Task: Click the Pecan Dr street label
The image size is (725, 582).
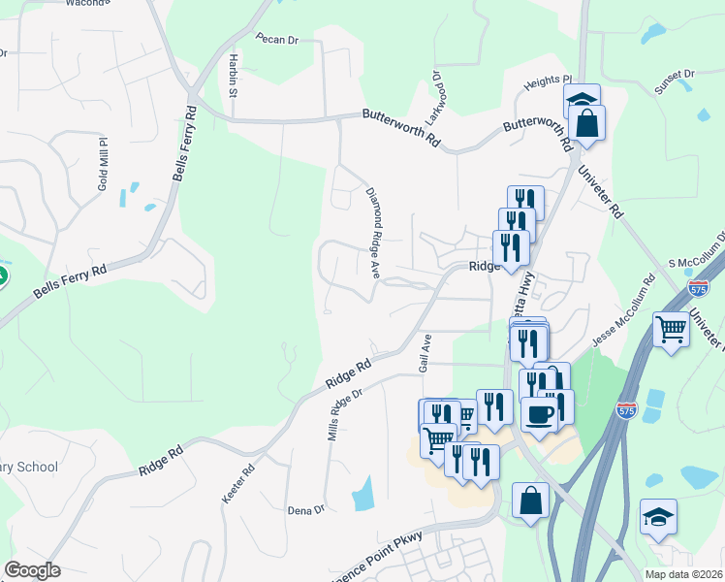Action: click(x=276, y=39)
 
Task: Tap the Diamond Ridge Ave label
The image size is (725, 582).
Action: click(x=372, y=231)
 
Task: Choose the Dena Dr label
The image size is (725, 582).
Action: click(x=305, y=508)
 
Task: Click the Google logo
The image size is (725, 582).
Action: click(x=32, y=570)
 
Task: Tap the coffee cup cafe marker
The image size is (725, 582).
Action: click(x=541, y=415)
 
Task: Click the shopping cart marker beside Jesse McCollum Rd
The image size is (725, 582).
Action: click(x=671, y=330)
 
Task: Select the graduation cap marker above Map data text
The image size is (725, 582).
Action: click(x=659, y=517)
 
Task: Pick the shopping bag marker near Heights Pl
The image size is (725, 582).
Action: click(x=586, y=123)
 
